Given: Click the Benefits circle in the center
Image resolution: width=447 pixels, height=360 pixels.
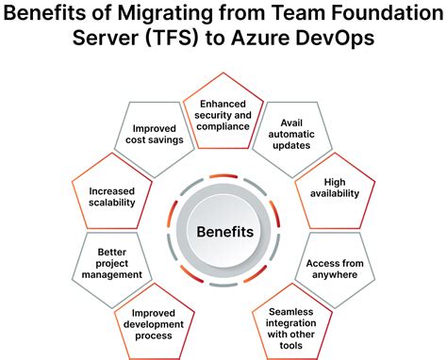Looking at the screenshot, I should pos(224,231).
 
